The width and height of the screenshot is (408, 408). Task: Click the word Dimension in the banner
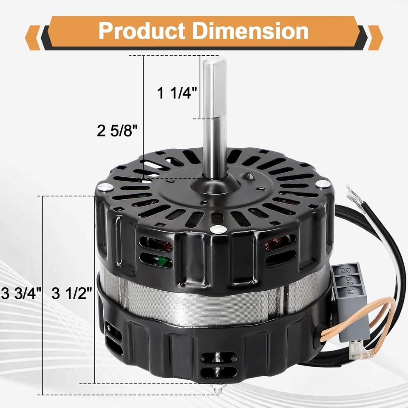click(x=250, y=31)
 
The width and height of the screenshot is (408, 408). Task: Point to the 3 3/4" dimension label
click(x=21, y=293)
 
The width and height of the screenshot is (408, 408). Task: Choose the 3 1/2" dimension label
click(x=72, y=293)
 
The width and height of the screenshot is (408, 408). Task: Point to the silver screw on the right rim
click(x=324, y=184)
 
